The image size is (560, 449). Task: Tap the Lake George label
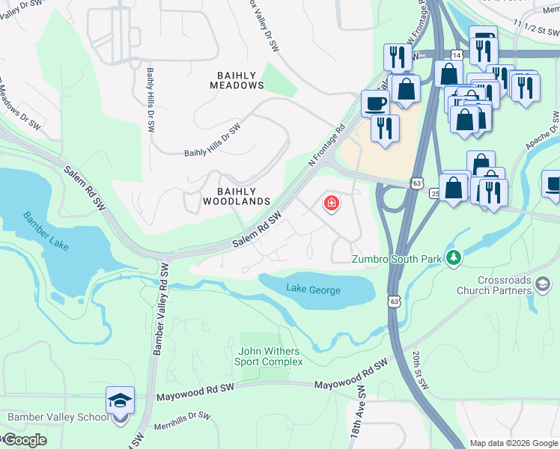(313, 290)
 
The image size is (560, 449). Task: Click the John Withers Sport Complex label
(270, 356)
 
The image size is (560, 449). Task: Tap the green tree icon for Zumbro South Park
(452, 258)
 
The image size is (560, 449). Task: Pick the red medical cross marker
(330, 203)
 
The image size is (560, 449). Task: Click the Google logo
(24, 440)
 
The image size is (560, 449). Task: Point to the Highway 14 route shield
(456, 55)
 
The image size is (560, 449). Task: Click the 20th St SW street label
(419, 370)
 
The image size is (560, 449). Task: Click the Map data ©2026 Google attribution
(513, 443)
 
